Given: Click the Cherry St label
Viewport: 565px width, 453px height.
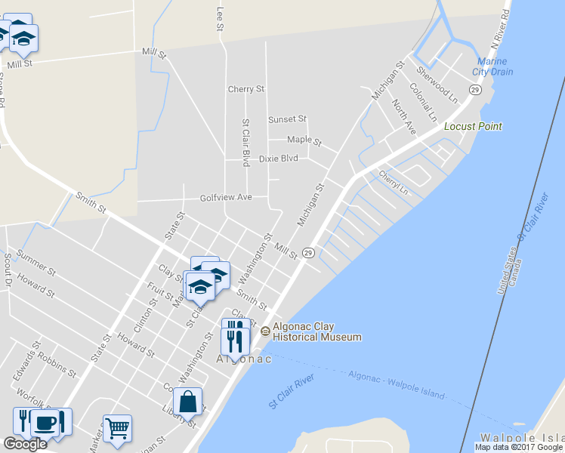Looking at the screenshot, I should tap(246, 89).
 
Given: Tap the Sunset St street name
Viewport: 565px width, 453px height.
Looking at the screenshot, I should tap(287, 119).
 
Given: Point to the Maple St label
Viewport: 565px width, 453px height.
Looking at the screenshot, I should tap(304, 140).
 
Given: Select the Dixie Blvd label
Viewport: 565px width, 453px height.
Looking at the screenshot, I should tap(278, 159).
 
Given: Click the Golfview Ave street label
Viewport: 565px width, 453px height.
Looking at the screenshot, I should tap(225, 198).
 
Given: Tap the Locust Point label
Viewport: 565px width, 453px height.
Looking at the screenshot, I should tap(473, 126).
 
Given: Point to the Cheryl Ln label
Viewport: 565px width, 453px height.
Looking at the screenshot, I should tap(394, 181).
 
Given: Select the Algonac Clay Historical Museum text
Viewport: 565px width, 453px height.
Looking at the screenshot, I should tap(316, 332).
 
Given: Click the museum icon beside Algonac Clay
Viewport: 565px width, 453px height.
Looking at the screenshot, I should tap(265, 331).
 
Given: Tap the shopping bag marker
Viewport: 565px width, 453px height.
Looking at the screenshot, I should tap(187, 402).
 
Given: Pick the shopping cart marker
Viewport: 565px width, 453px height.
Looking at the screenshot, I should tap(117, 429).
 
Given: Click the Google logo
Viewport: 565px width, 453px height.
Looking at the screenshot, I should tap(25, 444).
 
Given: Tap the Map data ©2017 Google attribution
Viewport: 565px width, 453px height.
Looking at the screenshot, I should tap(518, 447).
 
